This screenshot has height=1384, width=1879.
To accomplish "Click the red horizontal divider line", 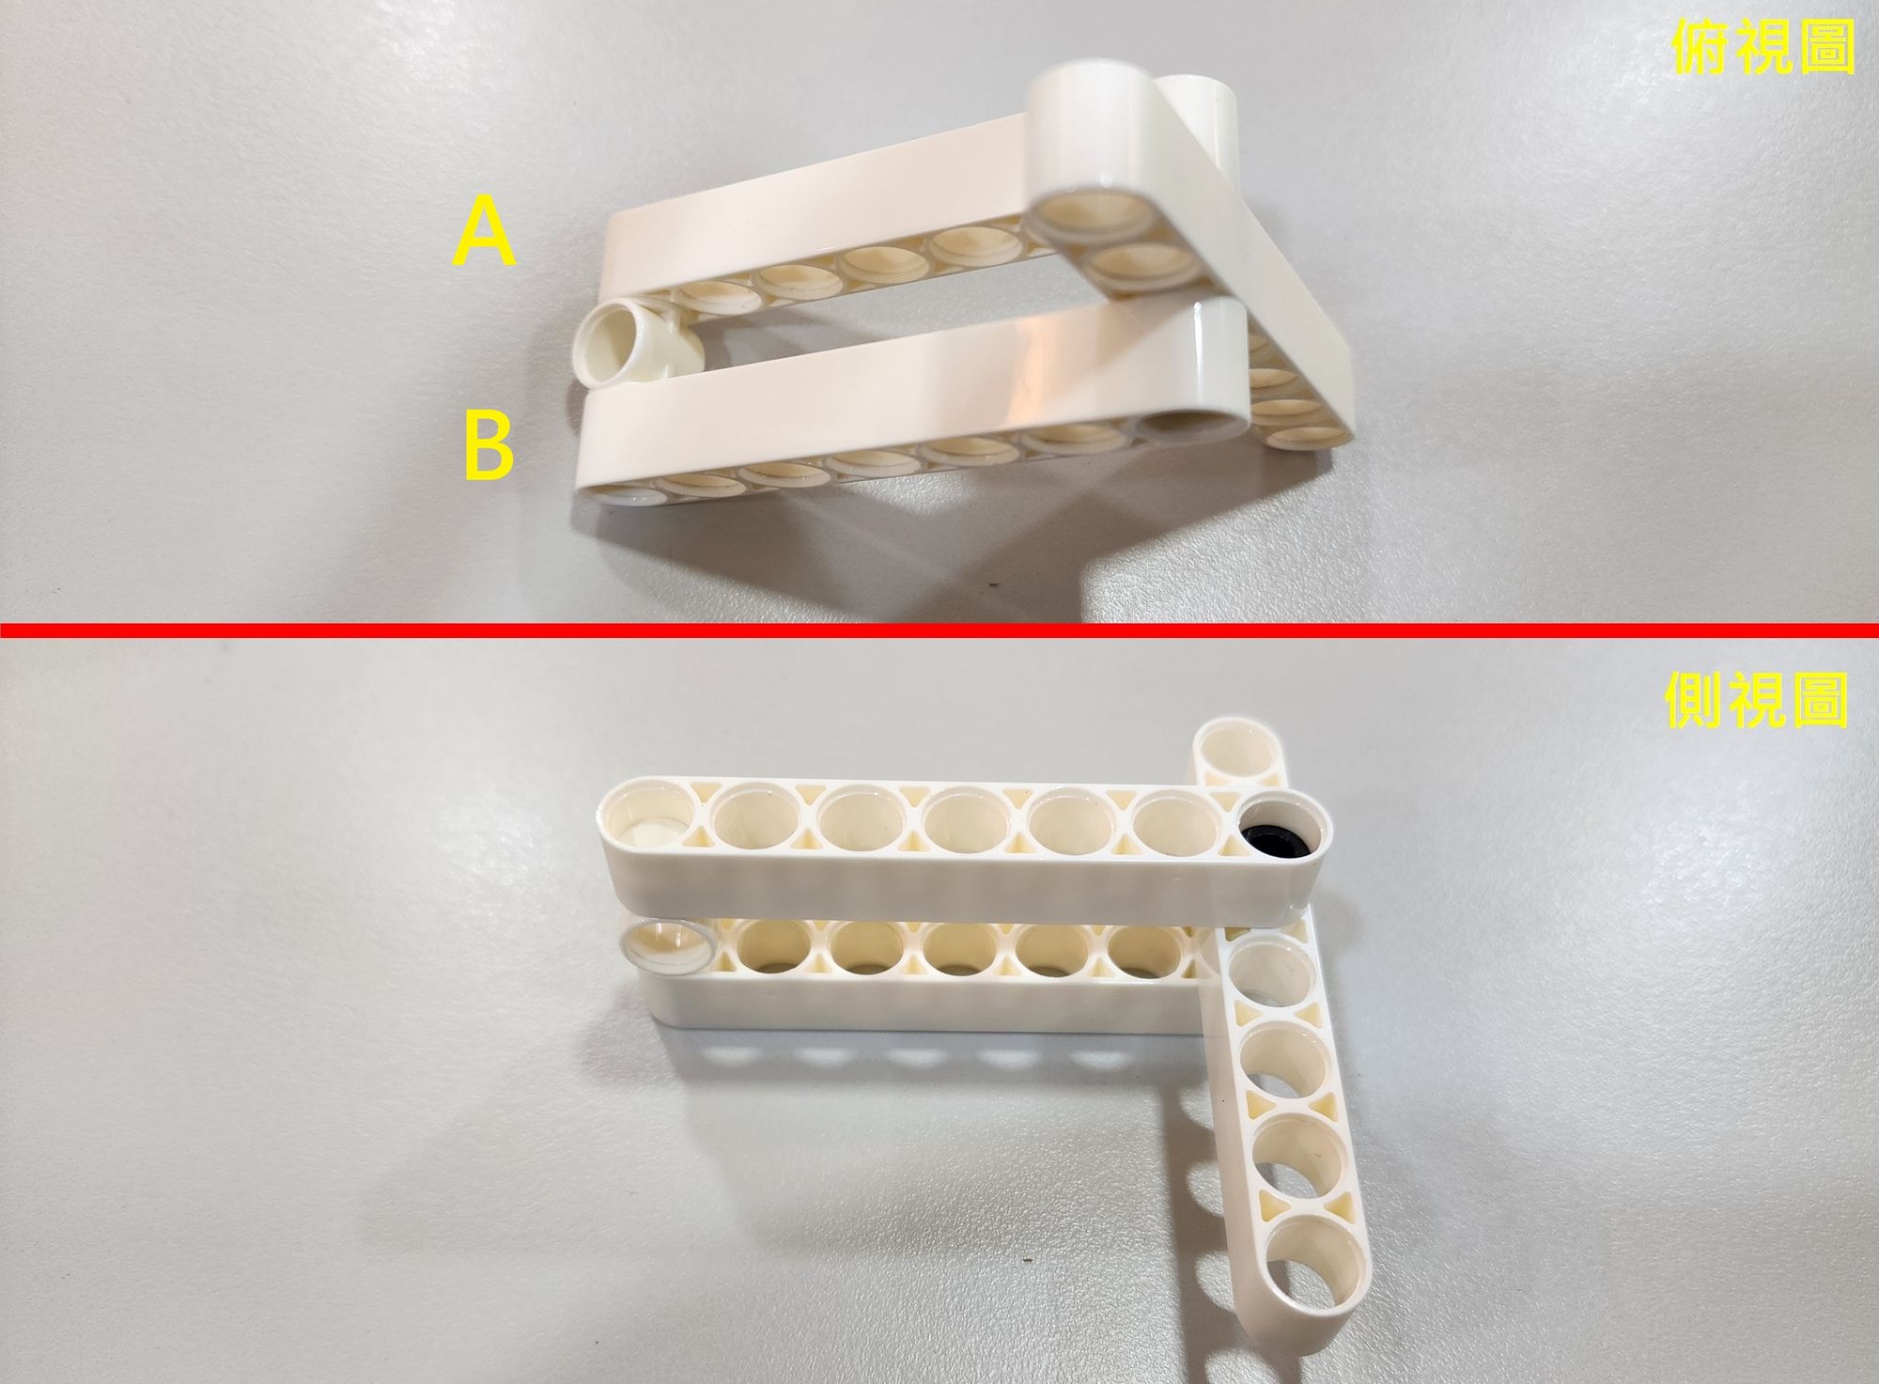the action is (x=939, y=629).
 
